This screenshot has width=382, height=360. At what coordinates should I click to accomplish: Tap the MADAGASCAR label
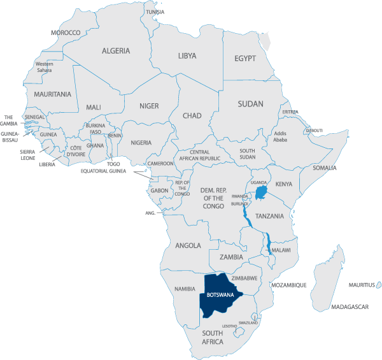point(350,307)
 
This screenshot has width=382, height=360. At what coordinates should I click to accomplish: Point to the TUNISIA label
point(155,12)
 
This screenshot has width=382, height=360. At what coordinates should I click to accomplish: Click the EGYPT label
point(244,59)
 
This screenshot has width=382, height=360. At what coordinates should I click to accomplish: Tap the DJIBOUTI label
point(314,130)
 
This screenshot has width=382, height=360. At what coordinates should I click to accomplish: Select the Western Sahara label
point(45,68)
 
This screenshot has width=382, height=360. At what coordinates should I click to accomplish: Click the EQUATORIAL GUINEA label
point(104,171)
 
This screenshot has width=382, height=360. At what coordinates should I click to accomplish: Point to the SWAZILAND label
point(248,322)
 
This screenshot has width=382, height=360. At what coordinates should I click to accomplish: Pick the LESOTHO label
point(229,326)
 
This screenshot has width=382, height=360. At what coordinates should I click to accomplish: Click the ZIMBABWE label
point(244,278)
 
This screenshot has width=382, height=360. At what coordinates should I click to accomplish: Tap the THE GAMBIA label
point(10,120)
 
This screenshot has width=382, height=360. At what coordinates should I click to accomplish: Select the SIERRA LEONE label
point(27,155)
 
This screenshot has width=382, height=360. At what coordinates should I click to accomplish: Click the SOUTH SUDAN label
point(247,154)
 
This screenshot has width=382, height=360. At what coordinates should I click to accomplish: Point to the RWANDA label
point(240,196)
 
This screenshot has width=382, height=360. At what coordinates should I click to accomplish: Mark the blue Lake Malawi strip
point(268,243)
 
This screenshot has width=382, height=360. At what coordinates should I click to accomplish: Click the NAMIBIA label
point(185,289)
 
